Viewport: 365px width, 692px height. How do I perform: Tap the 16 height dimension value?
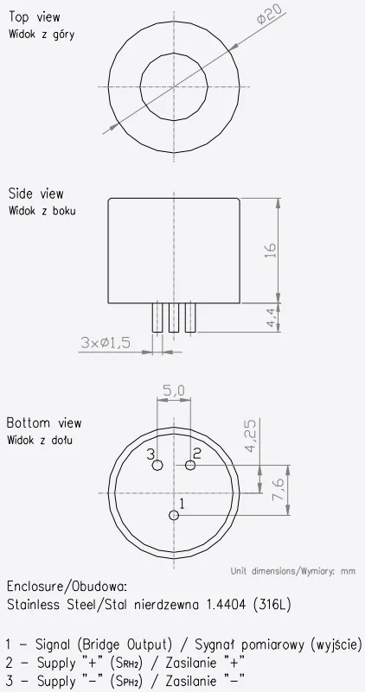(271, 250)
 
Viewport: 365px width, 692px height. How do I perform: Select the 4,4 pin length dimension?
(272, 317)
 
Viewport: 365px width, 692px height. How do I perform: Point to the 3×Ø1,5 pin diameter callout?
(106, 342)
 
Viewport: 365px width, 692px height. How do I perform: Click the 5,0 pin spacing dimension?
(174, 390)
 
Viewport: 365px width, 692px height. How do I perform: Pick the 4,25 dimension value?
(252, 435)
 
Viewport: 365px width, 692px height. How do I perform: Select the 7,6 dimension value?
(279, 489)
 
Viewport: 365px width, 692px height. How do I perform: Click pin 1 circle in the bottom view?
(174, 515)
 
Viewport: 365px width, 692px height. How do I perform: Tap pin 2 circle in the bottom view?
(190, 465)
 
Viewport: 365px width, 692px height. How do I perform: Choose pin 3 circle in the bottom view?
(157, 465)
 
